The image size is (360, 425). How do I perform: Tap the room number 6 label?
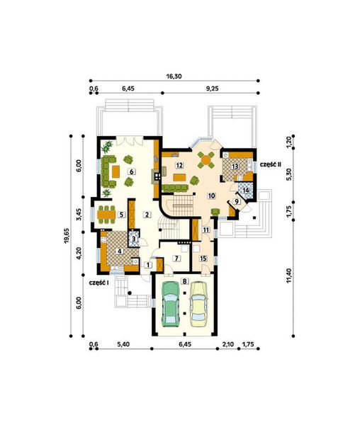131,171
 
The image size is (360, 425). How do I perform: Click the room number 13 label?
234,166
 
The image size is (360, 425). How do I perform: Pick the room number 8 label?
185,281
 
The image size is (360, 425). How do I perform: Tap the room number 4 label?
119,251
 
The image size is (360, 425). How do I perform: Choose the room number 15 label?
203,258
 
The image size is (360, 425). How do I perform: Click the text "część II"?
271,164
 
